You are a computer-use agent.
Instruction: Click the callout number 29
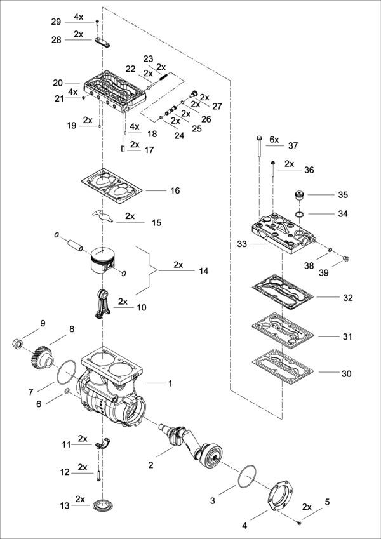click(x=56, y=22)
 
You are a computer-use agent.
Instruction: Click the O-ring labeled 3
click(x=247, y=476)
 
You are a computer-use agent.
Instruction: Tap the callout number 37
click(x=293, y=145)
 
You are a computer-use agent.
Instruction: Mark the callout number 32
click(x=347, y=297)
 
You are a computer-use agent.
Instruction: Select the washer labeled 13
click(x=100, y=505)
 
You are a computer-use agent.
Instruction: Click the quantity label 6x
click(x=274, y=139)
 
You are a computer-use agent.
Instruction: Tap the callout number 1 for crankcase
click(x=170, y=383)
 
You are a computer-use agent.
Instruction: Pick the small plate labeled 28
click(x=102, y=43)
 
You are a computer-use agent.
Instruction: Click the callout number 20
click(x=58, y=83)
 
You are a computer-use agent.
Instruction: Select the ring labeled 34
click(x=297, y=217)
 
